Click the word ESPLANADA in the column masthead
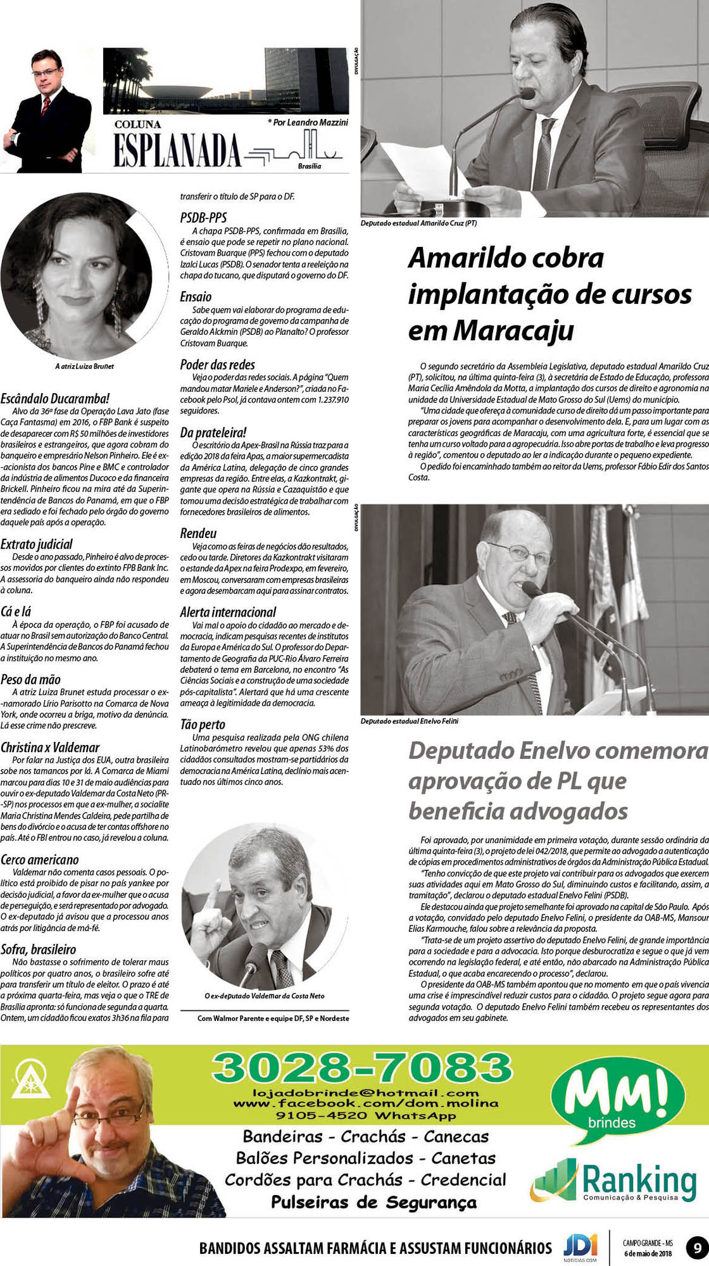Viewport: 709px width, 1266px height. pos(177,151)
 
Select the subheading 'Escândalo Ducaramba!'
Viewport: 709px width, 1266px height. pos(55,399)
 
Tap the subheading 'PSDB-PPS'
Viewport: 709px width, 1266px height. pos(203,218)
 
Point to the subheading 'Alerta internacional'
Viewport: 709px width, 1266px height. pos(228,612)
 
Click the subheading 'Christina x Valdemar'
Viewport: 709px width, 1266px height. pos(50,748)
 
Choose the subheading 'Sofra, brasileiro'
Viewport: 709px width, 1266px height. pos(38,949)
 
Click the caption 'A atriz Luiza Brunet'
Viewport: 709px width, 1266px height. pos(84,366)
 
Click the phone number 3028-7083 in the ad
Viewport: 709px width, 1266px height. pos(362,1068)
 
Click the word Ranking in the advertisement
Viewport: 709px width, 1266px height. pos(639,1179)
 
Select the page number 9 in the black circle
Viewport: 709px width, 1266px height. pos(697,1249)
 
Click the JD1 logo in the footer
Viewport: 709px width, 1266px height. pos(580,1248)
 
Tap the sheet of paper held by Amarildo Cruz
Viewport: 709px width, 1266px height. pos(418,166)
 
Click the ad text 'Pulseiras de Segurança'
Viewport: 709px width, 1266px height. pos(373,1202)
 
